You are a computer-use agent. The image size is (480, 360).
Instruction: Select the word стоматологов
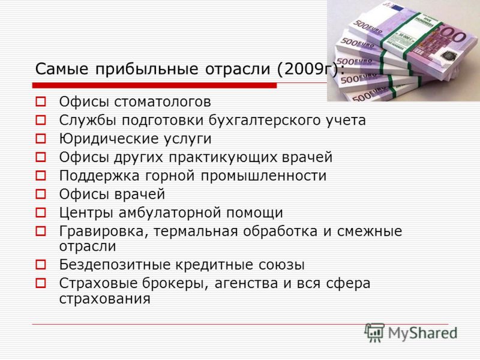163,102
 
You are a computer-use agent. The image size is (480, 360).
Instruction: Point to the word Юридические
109,139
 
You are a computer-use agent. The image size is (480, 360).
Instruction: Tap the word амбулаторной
170,213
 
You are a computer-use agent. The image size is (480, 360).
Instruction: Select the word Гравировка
103,232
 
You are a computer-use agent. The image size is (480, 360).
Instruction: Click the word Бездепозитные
115,265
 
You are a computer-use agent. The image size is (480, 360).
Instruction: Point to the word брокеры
175,284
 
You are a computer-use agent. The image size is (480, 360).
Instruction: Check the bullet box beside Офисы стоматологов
41,102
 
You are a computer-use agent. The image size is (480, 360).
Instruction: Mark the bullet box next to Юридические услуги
41,139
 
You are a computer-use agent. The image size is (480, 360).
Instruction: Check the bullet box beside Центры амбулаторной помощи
41,212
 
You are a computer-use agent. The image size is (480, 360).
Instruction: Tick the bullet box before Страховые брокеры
41,283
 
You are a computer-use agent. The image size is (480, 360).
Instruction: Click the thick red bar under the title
155,85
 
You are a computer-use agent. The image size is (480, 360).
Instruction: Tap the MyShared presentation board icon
374,333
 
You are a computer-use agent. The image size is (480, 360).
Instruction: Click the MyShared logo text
422,334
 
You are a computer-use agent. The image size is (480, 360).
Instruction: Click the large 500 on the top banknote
454,34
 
